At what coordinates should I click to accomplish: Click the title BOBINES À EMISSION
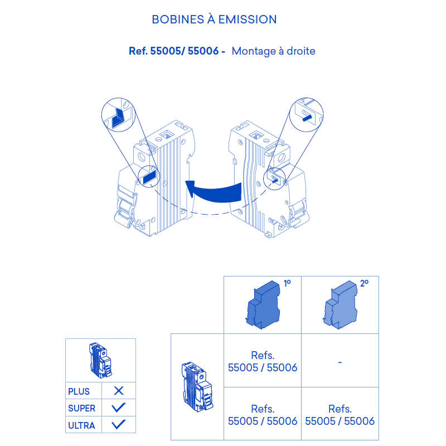214,20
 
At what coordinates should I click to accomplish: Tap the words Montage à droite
273,51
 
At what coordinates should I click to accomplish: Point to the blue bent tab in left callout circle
118,119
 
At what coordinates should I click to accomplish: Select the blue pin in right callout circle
307,118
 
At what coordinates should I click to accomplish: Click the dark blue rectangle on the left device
149,177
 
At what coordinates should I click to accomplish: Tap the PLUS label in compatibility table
79,391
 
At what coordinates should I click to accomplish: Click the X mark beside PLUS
119,391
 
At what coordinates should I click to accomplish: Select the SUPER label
81,408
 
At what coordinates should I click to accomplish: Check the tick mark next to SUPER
119,408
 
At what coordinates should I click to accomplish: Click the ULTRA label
81,425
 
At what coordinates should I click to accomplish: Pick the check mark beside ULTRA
119,424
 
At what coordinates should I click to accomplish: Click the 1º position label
287,283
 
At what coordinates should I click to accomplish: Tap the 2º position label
365,283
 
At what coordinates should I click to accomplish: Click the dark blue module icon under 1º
263,304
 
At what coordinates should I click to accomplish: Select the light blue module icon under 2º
340,304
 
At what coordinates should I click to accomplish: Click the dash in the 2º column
340,362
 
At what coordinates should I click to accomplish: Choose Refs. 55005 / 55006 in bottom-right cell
340,415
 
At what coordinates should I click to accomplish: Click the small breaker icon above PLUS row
100,360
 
